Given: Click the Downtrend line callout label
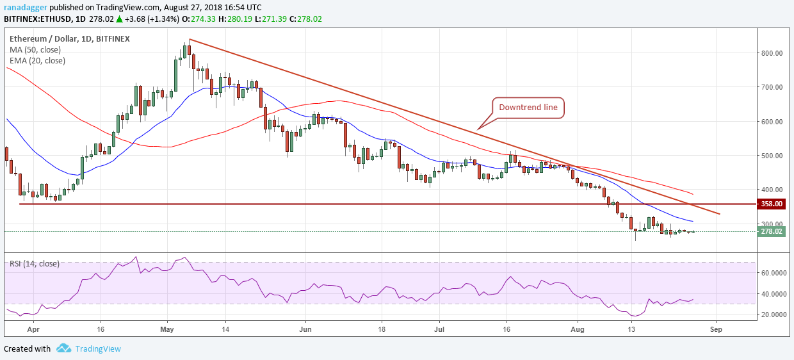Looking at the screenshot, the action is pyautogui.click(x=528, y=108).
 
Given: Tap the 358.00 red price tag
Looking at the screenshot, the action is pyautogui.click(x=772, y=204).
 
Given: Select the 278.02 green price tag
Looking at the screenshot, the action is pyautogui.click(x=772, y=232).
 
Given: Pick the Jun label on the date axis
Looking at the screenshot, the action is pyautogui.click(x=305, y=329).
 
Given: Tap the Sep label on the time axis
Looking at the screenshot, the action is pyautogui.click(x=716, y=329).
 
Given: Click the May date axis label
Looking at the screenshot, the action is pyautogui.click(x=167, y=329).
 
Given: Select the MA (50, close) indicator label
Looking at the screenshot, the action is pyautogui.click(x=35, y=50).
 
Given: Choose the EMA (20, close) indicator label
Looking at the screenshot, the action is pyautogui.click(x=37, y=61).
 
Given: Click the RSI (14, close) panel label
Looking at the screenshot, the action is pyautogui.click(x=35, y=264).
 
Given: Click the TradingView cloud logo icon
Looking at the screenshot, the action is pyautogui.click(x=63, y=348).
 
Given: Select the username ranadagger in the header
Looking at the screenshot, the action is pyautogui.click(x=25, y=8).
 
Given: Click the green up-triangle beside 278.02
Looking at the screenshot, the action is pyautogui.click(x=119, y=19).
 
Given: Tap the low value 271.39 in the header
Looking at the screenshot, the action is pyautogui.click(x=274, y=19).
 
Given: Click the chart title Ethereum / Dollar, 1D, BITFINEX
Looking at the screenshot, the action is pyautogui.click(x=69, y=38).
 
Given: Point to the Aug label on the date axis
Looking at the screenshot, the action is pyautogui.click(x=578, y=329).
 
